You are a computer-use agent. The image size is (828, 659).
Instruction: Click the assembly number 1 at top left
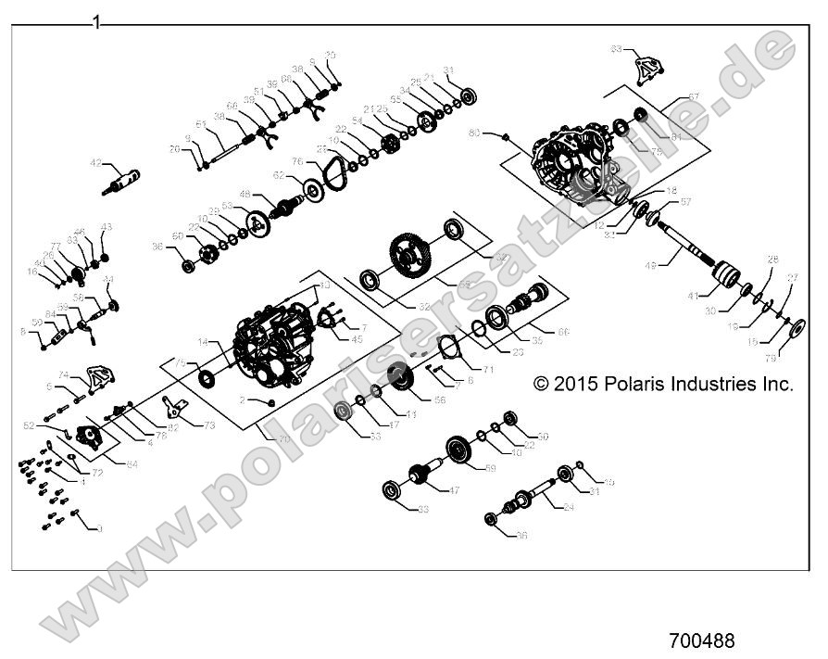click(x=95, y=21)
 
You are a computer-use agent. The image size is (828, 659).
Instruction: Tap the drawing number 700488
click(x=701, y=640)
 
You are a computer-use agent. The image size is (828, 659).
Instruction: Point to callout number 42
click(x=95, y=163)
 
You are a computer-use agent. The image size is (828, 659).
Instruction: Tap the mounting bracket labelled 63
click(x=645, y=70)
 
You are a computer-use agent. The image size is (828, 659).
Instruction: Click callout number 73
click(x=208, y=424)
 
